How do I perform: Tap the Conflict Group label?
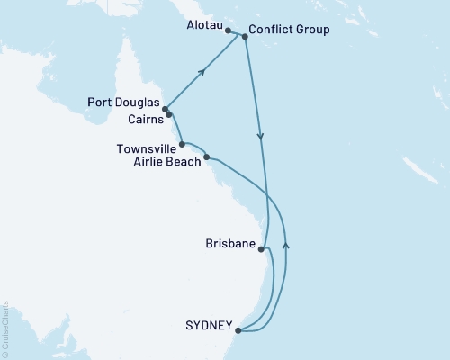tap(288, 30)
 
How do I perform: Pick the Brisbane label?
tap(229, 245)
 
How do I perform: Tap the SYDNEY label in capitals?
tap(209, 325)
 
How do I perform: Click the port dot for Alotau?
tap(229, 31)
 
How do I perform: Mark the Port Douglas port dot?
tap(165, 109)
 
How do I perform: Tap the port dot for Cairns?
tap(169, 115)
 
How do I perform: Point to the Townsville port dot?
tap(183, 143)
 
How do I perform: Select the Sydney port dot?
tap(238, 330)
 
